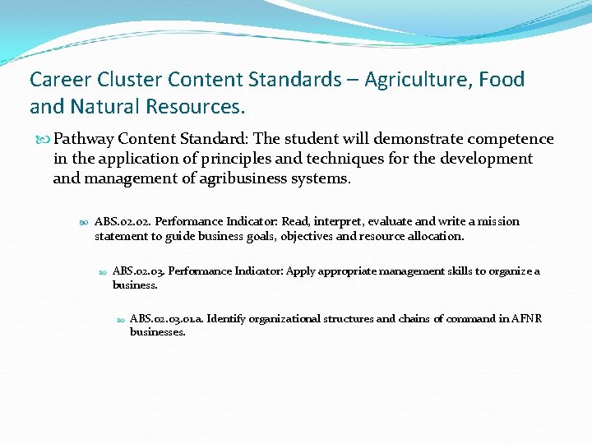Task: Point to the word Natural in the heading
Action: [x=102, y=107]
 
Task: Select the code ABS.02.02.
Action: [x=123, y=221]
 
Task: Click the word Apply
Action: [x=301, y=271]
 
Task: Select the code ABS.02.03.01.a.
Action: [x=166, y=319]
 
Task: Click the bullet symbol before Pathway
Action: [x=44, y=140]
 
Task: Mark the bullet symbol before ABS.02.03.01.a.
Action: [x=121, y=320]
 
